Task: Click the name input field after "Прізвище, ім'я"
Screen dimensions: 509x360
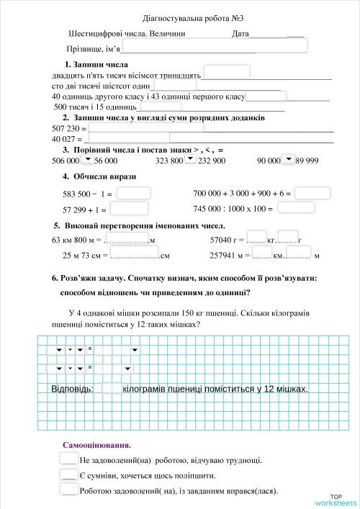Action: [x=214, y=47]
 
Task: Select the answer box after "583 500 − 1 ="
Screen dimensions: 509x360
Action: [x=133, y=193]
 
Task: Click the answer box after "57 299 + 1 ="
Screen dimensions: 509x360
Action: [x=130, y=209]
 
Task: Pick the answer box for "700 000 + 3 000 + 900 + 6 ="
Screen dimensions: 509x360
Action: [x=312, y=193]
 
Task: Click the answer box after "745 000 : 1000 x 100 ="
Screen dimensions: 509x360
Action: [x=296, y=208]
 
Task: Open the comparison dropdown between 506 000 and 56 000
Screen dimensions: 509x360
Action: [x=87, y=161]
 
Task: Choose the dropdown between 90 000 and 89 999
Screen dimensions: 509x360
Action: [x=288, y=161]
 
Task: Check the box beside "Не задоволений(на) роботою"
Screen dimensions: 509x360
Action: [x=68, y=459]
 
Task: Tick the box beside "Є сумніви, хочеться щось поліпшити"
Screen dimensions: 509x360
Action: [x=68, y=475]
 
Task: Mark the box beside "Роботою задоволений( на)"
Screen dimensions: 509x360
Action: [x=68, y=490]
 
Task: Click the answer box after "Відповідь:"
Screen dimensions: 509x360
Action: [x=112, y=389]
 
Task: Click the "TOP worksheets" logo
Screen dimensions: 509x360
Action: [x=335, y=499]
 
